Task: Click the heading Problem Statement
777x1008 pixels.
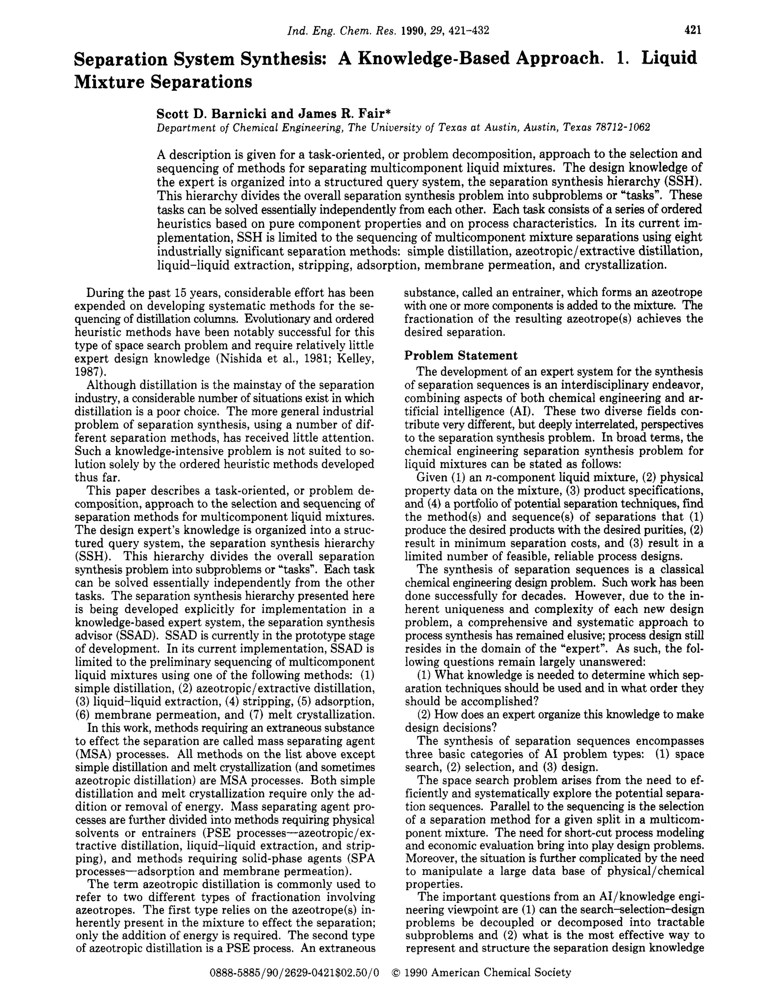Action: pyautogui.click(x=461, y=355)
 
